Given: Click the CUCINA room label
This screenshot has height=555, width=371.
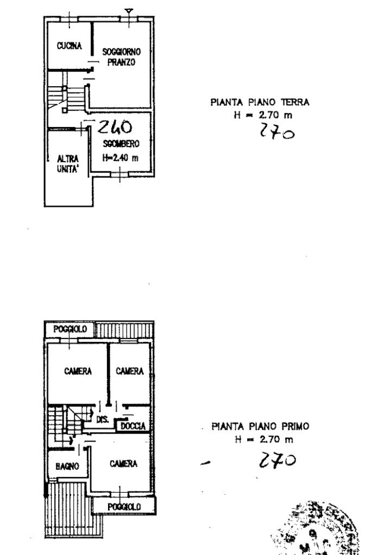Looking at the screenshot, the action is click(x=69, y=46).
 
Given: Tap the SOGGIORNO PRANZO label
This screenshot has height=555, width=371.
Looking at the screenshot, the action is click(x=122, y=58).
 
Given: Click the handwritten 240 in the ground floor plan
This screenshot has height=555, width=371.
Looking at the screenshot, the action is click(x=114, y=128).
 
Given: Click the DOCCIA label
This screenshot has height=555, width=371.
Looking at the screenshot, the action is click(x=133, y=426).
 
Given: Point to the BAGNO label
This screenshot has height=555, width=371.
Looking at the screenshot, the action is click(x=67, y=465).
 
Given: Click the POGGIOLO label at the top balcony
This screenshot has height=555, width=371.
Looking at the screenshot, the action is click(x=69, y=329).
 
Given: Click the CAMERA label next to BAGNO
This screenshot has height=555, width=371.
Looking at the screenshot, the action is click(x=123, y=464).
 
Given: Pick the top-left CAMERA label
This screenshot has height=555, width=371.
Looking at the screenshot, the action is click(x=76, y=372).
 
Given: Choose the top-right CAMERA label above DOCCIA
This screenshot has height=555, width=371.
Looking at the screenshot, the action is click(x=130, y=372).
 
